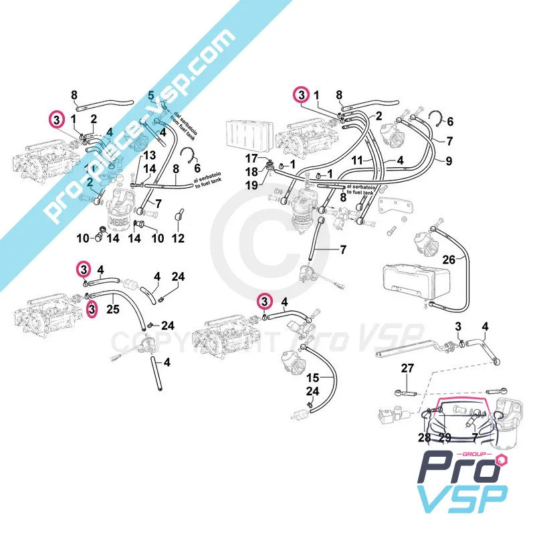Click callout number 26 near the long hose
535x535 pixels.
449,259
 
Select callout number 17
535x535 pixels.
251,158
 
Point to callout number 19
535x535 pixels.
251,185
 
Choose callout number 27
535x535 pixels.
408,368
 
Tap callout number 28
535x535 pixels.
425,438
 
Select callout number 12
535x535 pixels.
178,239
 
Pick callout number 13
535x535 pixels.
151,155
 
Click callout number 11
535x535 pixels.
358,161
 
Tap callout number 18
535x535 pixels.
251,172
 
